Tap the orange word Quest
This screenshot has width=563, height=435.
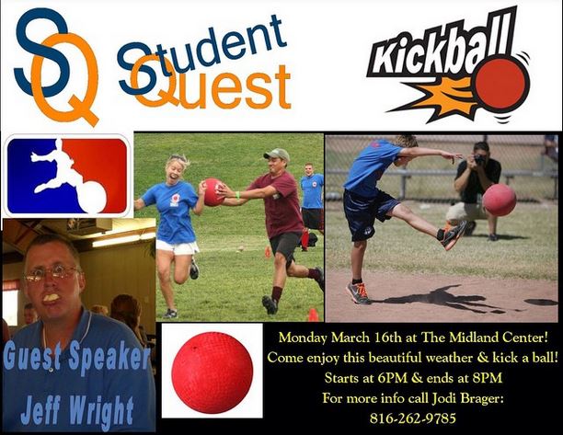pos(211,84)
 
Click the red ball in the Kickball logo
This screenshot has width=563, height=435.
pos(501,82)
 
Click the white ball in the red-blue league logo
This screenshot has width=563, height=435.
pos(92,197)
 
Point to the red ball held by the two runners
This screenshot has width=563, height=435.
pos(213,191)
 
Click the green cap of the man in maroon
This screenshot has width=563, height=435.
pos(277,155)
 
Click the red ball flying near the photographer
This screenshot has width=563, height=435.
pos(499,200)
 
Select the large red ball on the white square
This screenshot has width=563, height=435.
pos(213,372)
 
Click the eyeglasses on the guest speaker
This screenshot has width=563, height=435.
pos(51,274)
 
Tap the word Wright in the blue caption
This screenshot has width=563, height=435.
pos(101,412)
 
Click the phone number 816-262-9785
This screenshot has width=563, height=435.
pos(413,418)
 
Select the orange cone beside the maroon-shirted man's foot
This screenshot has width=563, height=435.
pos(313,315)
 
